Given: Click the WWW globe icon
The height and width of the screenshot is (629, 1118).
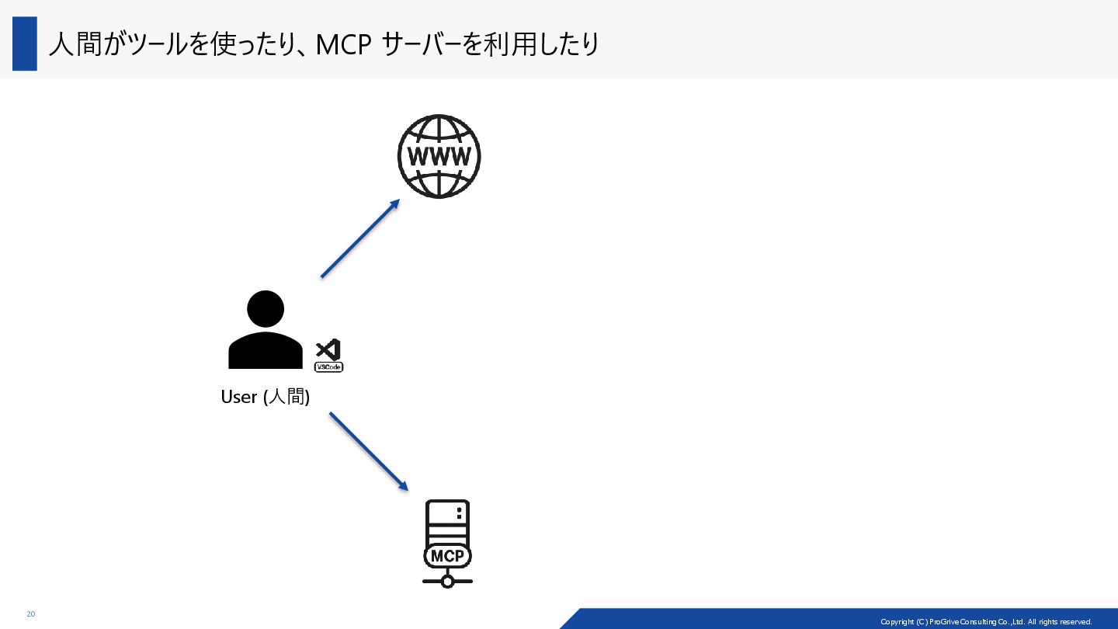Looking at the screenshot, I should pos(439,156).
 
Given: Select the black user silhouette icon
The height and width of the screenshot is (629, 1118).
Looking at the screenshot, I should pos(266,330).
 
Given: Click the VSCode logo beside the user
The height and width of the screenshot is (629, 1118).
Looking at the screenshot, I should pos(328,356).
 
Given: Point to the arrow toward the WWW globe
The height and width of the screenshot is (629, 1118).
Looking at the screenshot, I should pos(359,238).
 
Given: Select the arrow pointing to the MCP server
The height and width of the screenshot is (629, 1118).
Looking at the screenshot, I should pos(368,451).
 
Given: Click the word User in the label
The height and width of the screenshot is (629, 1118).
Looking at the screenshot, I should pos(239,397).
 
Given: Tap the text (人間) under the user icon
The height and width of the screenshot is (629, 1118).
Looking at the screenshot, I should pos(286,397).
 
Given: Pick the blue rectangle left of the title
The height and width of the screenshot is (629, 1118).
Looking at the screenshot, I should pos(25,43).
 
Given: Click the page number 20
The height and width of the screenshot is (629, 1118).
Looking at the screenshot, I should pos(31,614).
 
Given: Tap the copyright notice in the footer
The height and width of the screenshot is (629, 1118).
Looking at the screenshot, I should pos(986,622).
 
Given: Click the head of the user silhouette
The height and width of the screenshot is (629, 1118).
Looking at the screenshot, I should pos(266,309).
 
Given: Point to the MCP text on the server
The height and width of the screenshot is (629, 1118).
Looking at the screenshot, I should pos(447,556).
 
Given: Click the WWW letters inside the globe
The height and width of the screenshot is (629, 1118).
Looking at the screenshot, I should pos(439,158).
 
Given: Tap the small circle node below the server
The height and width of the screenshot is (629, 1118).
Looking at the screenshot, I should pos(447,581).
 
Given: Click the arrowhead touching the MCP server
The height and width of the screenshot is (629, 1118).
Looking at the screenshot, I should pos(402,485).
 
